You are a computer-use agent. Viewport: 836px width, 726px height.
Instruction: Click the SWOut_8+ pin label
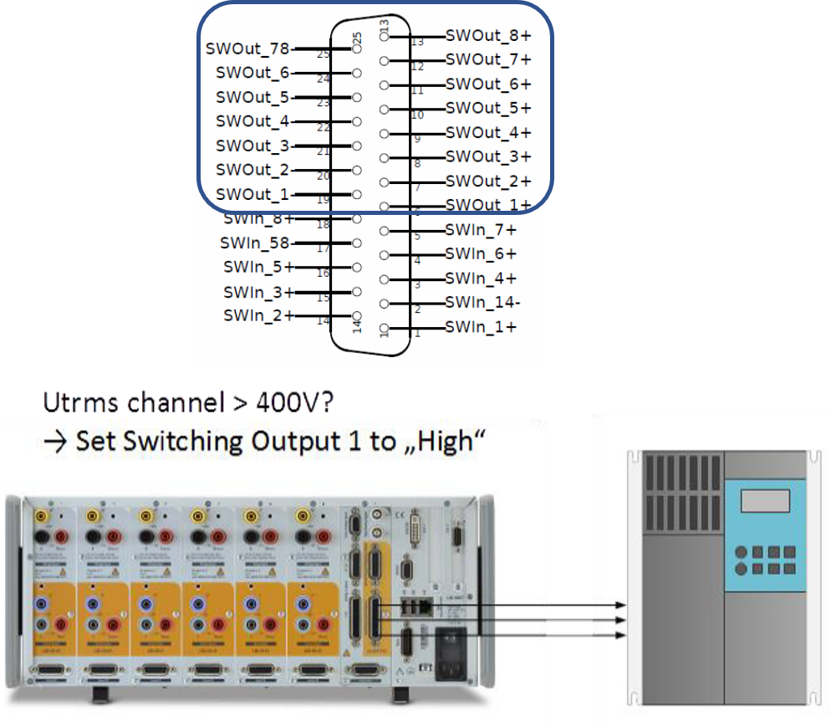tap(488, 36)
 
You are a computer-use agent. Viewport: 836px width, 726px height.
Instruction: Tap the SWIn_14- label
tap(480, 302)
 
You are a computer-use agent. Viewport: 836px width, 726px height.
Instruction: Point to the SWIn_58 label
tap(253, 243)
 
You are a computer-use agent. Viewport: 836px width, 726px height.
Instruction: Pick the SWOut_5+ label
tap(488, 108)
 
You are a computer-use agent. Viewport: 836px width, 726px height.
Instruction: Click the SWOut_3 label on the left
tap(252, 146)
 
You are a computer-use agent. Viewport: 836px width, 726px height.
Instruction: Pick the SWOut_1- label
tap(252, 194)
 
